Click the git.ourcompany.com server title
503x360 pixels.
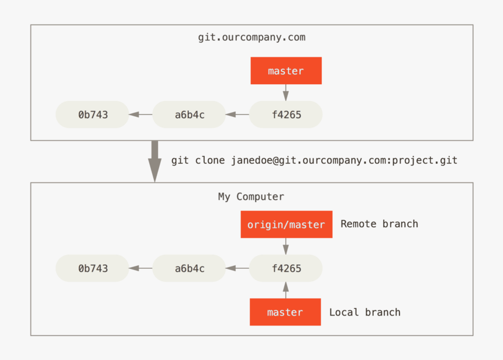click(251, 38)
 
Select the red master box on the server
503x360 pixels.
click(286, 71)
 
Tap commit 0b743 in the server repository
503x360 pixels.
click(92, 115)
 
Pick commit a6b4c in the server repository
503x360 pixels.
click(190, 115)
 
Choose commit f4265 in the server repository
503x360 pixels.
click(286, 115)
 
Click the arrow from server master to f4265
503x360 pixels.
click(286, 92)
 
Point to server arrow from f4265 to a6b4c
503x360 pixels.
click(237, 115)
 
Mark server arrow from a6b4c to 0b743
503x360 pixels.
click(140, 115)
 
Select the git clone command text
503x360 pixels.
click(314, 160)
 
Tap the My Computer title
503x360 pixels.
click(251, 197)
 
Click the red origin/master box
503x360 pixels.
click(286, 224)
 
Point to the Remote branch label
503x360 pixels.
click(379, 224)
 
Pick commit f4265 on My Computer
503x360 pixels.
click(286, 268)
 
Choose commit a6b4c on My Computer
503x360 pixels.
click(190, 268)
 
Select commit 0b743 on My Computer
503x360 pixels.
click(92, 268)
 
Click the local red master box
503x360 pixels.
click(285, 312)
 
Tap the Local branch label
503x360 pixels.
click(364, 312)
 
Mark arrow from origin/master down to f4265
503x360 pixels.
click(286, 246)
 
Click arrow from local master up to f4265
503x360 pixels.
click(286, 290)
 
